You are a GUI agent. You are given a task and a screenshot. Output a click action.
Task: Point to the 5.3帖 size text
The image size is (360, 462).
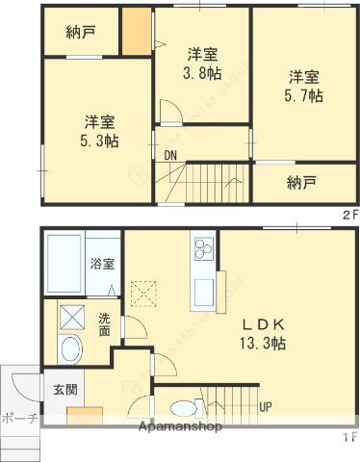click(100, 141)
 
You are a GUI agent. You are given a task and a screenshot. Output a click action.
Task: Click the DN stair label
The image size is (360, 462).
click(170, 155)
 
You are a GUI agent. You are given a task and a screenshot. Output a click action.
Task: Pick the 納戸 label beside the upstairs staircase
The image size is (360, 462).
click(301, 183)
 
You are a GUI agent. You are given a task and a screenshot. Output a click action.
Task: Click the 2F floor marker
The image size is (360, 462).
click(348, 215)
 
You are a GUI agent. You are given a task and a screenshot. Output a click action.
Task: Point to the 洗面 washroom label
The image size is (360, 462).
click(104, 325)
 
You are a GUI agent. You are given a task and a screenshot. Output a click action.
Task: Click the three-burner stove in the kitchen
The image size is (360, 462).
click(203, 250)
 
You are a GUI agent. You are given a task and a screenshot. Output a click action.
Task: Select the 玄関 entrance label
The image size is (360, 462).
click(65, 390)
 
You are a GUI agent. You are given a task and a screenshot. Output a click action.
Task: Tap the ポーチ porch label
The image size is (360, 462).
click(19, 419)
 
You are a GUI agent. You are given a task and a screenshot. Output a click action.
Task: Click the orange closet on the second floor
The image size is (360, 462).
click(137, 34)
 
